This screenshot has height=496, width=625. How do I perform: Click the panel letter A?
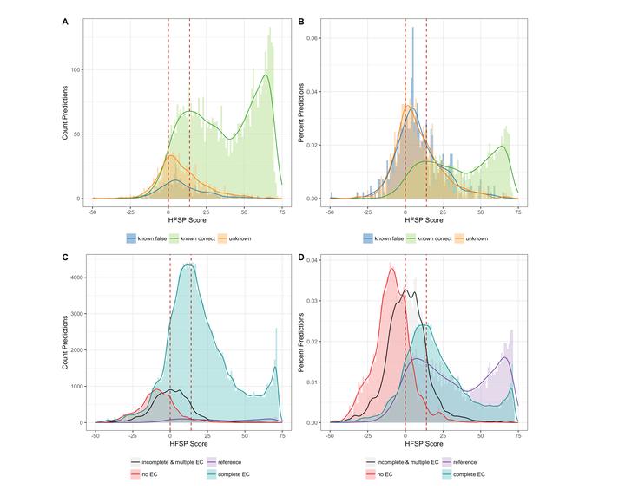pyautogui.click(x=67, y=20)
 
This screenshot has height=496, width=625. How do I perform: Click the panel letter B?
pyautogui.click(x=301, y=20)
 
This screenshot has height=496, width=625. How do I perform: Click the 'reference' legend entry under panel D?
pyautogui.click(x=467, y=462)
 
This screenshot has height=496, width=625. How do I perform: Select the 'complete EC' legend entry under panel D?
pyautogui.click(x=470, y=474)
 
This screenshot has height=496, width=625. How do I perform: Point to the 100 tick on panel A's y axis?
pyautogui.click(x=81, y=69)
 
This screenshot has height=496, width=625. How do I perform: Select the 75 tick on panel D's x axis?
pyautogui.click(x=518, y=435)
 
